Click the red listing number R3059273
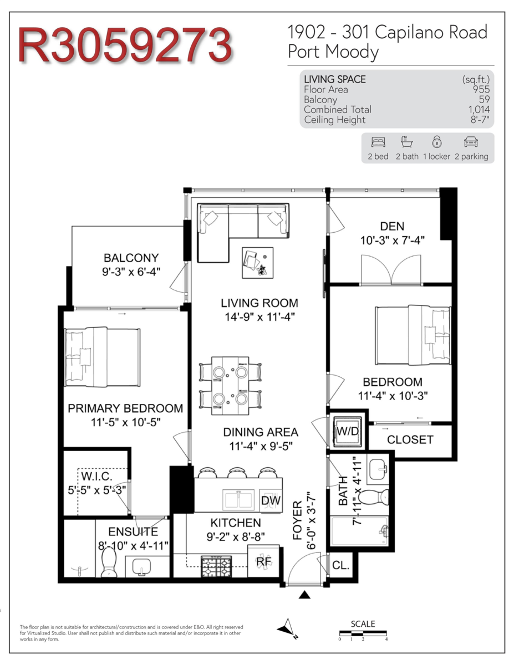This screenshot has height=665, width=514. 125,45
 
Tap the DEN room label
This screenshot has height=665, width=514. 392,226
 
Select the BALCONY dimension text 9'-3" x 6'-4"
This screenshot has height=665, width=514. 131,272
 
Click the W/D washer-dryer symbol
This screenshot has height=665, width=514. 347,431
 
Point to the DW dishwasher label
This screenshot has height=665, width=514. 271,500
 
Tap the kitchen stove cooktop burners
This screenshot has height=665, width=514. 216,567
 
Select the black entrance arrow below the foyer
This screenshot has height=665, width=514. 304,595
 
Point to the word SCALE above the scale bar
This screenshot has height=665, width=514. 363,623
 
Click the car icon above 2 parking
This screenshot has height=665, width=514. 471,142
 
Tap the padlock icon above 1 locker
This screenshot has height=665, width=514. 437,141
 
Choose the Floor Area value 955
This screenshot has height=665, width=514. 481,89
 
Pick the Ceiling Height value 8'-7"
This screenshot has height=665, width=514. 480,119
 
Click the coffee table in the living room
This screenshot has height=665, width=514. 257,263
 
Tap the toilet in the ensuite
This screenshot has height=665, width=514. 109,561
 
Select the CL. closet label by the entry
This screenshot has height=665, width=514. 340,565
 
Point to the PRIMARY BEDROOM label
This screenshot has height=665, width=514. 125,408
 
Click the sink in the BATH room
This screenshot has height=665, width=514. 378,469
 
